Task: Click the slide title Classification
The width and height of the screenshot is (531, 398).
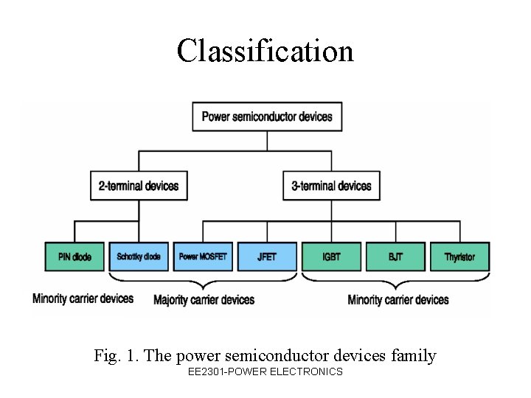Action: pyautogui.click(x=265, y=51)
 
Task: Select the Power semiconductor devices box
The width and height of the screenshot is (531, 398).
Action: pyautogui.click(x=267, y=116)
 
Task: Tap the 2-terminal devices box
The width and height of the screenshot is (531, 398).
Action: pyautogui.click(x=139, y=186)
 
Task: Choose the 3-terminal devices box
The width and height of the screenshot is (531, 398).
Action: pyautogui.click(x=331, y=186)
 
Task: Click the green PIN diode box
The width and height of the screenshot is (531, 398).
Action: pyautogui.click(x=74, y=256)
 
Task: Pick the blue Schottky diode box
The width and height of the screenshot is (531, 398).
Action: pyautogui.click(x=139, y=256)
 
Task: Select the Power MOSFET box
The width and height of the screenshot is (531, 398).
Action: pyautogui.click(x=203, y=256)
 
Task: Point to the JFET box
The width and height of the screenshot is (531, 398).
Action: pyautogui.click(x=267, y=256)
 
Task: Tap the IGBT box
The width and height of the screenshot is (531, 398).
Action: pyautogui.click(x=331, y=256)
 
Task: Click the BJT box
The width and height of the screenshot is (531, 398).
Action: pyautogui.click(x=395, y=256)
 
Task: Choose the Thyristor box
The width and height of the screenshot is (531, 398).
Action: pyautogui.click(x=459, y=256)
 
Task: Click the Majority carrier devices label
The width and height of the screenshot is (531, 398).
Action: pyautogui.click(x=204, y=300)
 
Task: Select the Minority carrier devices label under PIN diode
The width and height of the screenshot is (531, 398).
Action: pyautogui.click(x=83, y=298)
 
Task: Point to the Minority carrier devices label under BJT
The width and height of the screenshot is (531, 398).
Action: pyautogui.click(x=398, y=300)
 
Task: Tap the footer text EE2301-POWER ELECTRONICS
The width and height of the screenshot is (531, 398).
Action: pyautogui.click(x=265, y=372)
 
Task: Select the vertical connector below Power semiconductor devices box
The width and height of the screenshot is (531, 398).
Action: pyautogui.click(x=267, y=141)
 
